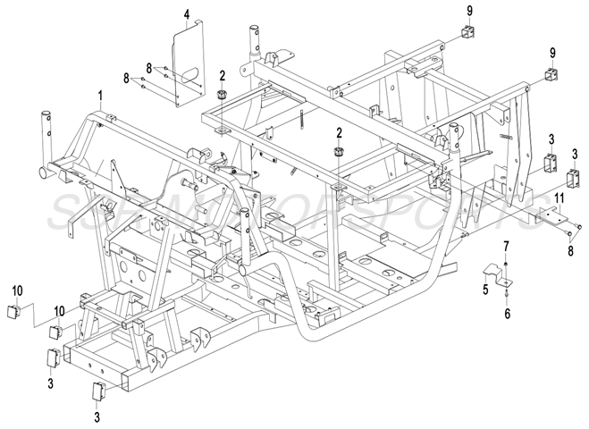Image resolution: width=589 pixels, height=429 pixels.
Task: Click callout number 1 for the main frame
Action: (x=101, y=95)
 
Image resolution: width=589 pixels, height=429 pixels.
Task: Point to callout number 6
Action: (x=506, y=315)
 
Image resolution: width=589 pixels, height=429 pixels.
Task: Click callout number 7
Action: (x=506, y=246)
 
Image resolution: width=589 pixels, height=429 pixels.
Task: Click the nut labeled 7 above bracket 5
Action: (x=506, y=265)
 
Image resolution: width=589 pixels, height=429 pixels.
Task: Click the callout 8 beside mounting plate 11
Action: (x=569, y=251)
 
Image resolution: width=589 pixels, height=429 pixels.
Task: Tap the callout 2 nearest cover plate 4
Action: (x=221, y=75)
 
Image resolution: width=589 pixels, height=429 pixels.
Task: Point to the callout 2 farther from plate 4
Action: (x=339, y=131)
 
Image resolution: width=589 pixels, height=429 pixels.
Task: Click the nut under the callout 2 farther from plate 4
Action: (x=339, y=152)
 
